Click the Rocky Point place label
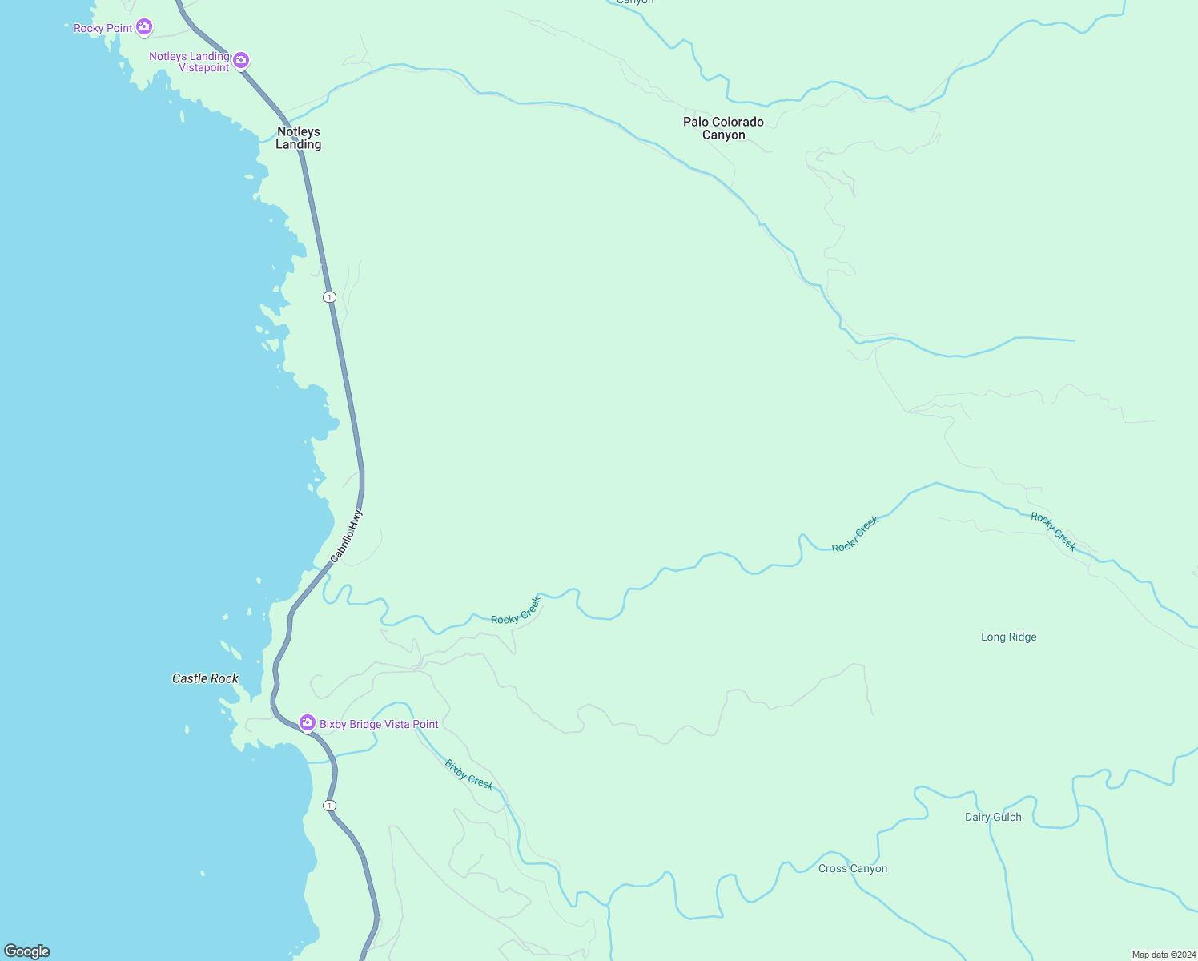point(103,28)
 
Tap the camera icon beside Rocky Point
point(144,27)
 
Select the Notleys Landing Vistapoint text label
point(190,62)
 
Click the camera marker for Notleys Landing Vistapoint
point(241,60)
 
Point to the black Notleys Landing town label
point(299,138)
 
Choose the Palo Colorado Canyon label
point(723,128)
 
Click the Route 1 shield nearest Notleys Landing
point(329,297)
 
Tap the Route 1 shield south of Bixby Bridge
point(329,805)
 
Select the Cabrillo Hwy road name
point(347,536)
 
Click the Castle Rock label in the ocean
point(205,678)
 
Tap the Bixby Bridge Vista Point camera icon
point(307,723)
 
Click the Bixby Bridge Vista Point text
point(379,724)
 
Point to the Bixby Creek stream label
point(469,774)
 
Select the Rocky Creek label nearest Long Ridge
point(1053,532)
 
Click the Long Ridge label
point(1008,637)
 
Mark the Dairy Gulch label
point(993,817)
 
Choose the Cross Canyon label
point(853,869)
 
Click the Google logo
point(27,951)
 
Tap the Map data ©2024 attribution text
point(1164,955)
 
